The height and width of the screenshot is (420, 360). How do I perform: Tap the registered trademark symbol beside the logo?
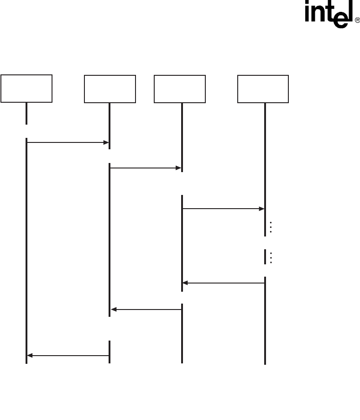pyautogui.click(x=357, y=21)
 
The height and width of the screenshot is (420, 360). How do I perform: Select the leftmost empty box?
pyautogui.click(x=26, y=89)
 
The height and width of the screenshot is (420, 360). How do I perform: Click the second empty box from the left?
pyautogui.click(x=110, y=89)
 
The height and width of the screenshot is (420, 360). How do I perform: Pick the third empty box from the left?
pyautogui.click(x=180, y=89)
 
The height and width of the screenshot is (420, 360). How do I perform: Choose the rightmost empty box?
pyautogui.click(x=263, y=89)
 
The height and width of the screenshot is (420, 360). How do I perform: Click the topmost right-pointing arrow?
pyautogui.click(x=67, y=143)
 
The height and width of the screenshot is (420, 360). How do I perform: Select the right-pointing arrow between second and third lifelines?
pyautogui.click(x=146, y=168)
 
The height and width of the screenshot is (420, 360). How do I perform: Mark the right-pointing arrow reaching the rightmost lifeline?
pyautogui.click(x=223, y=209)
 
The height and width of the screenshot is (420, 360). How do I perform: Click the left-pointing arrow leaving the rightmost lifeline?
pyautogui.click(x=224, y=283)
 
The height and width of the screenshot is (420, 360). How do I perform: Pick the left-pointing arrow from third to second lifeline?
pyautogui.click(x=146, y=310)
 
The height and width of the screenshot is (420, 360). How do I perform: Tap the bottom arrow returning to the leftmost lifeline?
pyautogui.click(x=68, y=355)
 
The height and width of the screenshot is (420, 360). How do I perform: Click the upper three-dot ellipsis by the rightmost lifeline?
pyautogui.click(x=271, y=227)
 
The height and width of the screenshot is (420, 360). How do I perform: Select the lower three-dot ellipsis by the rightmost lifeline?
pyautogui.click(x=271, y=257)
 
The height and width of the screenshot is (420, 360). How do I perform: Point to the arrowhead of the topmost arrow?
pyautogui.click(x=106, y=143)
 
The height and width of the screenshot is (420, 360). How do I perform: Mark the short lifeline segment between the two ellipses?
pyautogui.click(x=265, y=257)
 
